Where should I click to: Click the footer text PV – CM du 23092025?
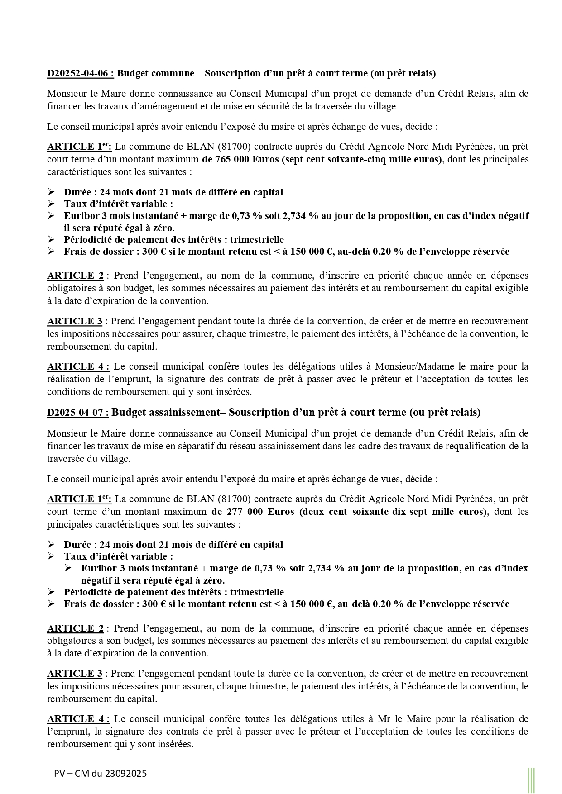coord(100,774)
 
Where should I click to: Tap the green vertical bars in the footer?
coord(531,780)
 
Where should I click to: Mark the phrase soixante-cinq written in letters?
coord(360,159)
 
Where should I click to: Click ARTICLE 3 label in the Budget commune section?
coord(75,321)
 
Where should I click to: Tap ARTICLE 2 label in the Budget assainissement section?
coord(75,628)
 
